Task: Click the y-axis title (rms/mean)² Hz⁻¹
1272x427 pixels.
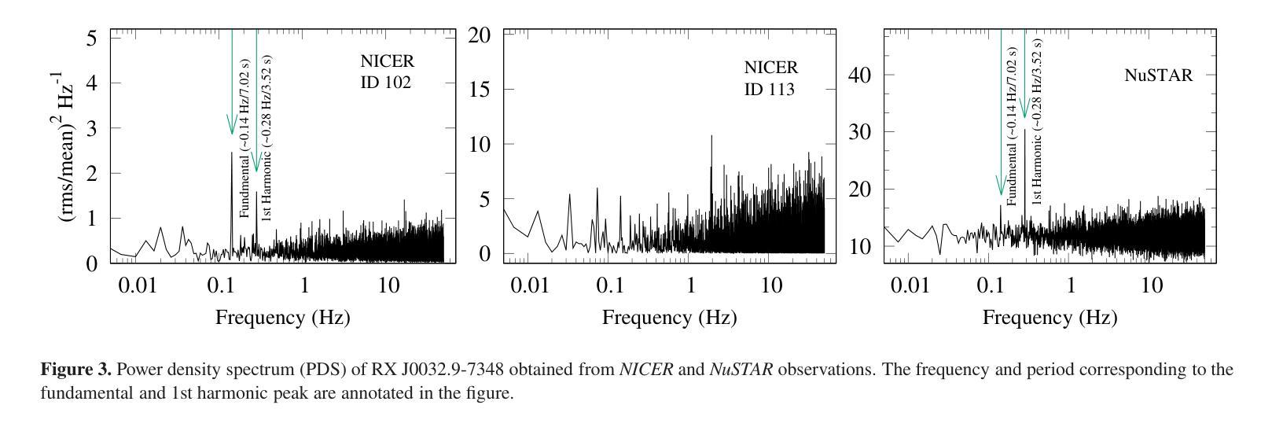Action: pos(71,147)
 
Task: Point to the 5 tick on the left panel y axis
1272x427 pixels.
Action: pos(92,38)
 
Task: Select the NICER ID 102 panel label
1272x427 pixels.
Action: pos(386,71)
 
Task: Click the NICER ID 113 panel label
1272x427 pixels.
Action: pos(770,79)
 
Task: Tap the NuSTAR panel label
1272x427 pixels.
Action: pos(1158,75)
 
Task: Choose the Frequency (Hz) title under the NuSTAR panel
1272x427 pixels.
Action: pos(1050,318)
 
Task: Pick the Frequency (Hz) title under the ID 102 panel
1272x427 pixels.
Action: pos(282,318)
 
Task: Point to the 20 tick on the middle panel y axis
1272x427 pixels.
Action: pos(480,35)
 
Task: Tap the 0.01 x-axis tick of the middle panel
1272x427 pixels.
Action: pos(529,285)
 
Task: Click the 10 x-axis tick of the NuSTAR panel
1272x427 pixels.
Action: pos(1151,285)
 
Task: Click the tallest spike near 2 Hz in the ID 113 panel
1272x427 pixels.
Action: pos(711,137)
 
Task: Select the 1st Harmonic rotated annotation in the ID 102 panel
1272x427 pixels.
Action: pos(267,138)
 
